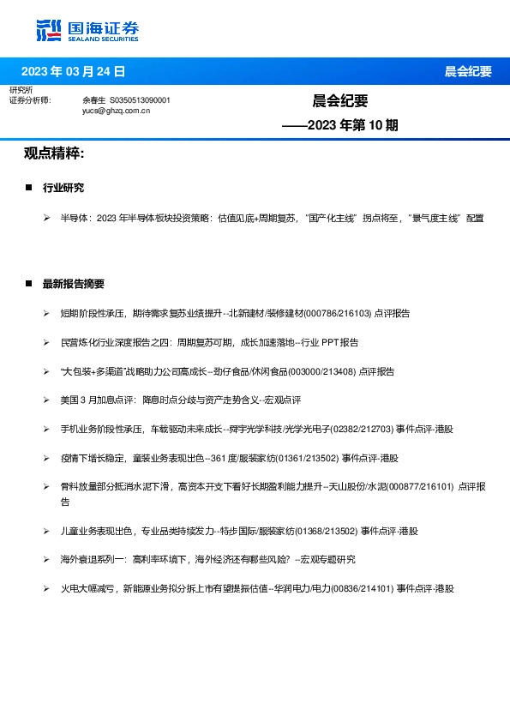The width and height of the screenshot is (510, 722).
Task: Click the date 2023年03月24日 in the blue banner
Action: point(73,71)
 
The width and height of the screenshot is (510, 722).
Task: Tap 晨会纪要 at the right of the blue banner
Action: point(468,71)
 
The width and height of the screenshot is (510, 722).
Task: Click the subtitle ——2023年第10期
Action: point(340,125)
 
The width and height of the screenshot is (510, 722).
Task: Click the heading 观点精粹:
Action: point(53,153)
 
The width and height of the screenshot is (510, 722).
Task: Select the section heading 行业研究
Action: point(63,187)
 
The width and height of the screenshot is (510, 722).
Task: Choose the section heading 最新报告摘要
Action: point(74,283)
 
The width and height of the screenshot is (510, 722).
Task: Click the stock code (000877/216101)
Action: point(423,486)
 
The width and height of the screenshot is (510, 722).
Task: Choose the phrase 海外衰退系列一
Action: point(92,559)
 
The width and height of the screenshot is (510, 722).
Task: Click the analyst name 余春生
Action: point(93,100)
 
